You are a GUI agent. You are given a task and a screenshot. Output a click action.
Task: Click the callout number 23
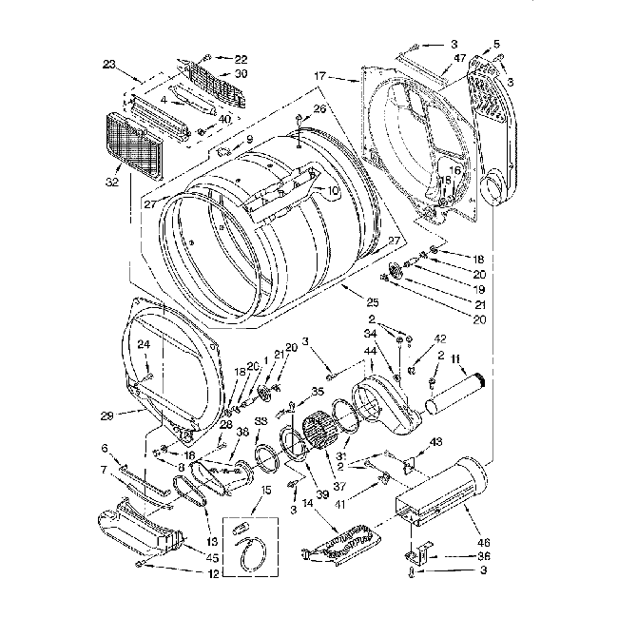pyautogui.click(x=109, y=66)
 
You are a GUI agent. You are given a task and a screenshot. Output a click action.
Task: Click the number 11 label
pyautogui.click(x=455, y=357)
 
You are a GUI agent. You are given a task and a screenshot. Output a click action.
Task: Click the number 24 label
pyautogui.click(x=144, y=344)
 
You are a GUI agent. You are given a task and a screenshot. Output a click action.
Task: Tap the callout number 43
pyautogui.click(x=436, y=441)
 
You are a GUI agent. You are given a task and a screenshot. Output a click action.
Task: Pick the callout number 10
pyautogui.click(x=333, y=191)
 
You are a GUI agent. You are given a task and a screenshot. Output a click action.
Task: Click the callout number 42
pyautogui.click(x=439, y=338)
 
